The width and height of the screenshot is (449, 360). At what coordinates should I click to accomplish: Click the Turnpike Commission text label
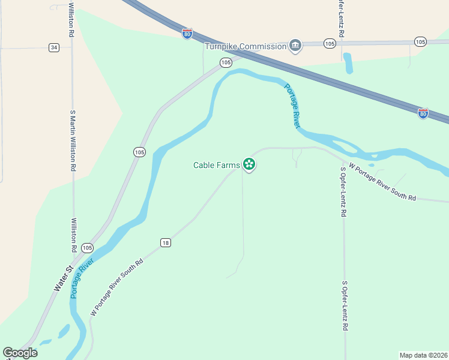pos(246,46)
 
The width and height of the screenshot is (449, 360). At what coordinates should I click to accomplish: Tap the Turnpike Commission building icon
pos(295,46)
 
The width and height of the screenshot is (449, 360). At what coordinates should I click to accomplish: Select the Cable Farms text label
pos(216,165)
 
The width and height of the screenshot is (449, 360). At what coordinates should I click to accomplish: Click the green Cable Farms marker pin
pos(249,164)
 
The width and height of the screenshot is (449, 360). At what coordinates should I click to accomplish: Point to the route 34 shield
pos(54,47)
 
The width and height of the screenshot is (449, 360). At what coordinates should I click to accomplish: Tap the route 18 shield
pos(166,242)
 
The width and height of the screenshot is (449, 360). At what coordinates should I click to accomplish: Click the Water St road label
pos(62,280)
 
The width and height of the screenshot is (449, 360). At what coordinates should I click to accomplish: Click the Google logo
pos(20,353)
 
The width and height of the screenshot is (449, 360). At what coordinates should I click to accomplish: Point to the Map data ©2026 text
pos(423,355)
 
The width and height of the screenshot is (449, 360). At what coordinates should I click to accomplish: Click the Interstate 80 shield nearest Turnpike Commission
pos(187,34)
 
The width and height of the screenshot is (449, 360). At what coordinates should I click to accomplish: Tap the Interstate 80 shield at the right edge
pos(423,112)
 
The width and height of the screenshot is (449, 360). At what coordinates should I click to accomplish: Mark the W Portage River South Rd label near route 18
pos(117,287)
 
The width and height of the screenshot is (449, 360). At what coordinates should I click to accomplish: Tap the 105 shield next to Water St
pos(87,247)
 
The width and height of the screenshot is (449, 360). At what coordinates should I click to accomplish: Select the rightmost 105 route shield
pos(420,41)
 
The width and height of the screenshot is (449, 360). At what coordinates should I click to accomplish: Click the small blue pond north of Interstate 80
pos(348,62)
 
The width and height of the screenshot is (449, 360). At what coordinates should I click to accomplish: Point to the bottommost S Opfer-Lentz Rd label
pos(345,306)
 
